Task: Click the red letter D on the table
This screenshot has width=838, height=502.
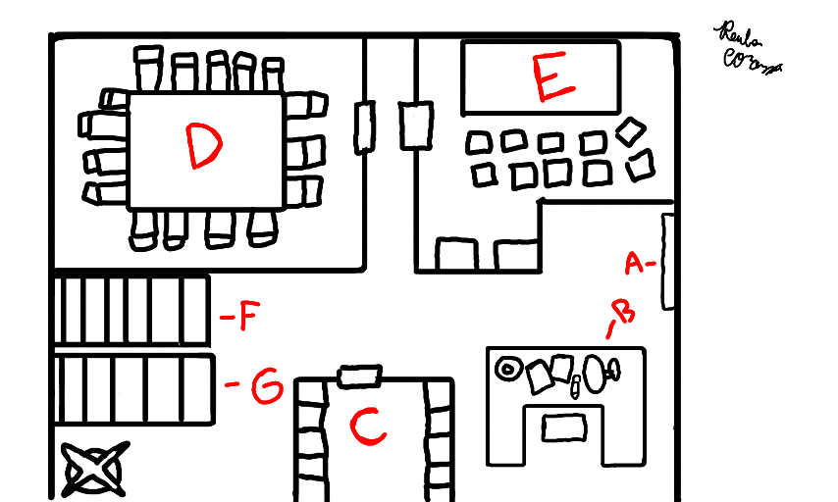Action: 204,147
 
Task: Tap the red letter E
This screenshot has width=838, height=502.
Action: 551,78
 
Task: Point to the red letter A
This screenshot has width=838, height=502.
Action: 635,263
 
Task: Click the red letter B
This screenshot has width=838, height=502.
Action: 622,314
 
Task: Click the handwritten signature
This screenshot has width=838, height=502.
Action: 749,49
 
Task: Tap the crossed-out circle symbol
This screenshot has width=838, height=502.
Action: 94,470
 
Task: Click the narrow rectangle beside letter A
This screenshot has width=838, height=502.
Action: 668,261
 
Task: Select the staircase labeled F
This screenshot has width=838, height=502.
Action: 131,310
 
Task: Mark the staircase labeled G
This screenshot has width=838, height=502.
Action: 133,390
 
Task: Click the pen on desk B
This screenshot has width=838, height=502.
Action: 574,390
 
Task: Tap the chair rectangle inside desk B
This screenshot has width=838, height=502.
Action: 563,427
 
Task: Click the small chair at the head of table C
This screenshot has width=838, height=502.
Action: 358,376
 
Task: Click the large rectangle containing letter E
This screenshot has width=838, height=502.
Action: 540,76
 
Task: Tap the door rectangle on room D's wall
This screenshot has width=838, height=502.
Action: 364,126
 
